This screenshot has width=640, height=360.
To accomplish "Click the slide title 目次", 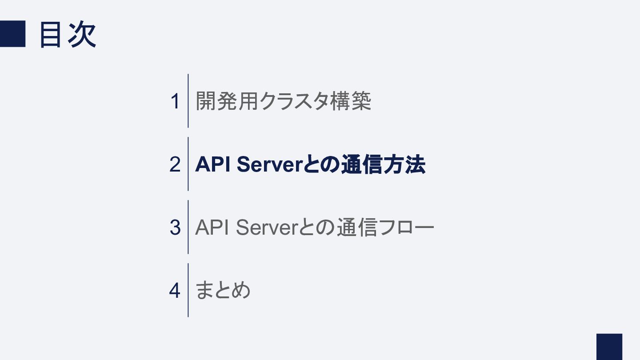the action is pos(68,34).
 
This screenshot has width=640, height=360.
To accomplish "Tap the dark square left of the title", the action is pos(12,34).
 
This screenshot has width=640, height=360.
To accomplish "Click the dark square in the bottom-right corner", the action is pos(609,347).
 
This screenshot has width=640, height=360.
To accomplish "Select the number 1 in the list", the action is pos(175,101).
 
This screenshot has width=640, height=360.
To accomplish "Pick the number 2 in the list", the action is pos(175,164).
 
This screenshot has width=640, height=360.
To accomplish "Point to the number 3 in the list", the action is pos(175,228).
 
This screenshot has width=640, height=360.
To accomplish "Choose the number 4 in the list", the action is pos(175,291).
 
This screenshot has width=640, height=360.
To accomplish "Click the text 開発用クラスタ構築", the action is pos(284,101).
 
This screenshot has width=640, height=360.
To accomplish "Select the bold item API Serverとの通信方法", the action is pos(310,164).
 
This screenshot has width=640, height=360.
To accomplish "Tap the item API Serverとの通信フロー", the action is pos(315,228).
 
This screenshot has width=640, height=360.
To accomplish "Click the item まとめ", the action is pos(223,290).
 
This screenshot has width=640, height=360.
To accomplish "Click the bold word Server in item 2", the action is pos(269,164).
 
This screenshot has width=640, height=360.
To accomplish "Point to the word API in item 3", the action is pos(212,228).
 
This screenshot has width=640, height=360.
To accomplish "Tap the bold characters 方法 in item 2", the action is pos(404,164).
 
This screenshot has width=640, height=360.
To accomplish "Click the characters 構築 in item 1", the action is pos(351,101).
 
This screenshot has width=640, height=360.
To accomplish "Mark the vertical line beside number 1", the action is pos(188,101).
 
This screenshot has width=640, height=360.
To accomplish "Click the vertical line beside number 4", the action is pos(188,290).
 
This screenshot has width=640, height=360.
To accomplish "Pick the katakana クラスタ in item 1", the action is pos(294,101).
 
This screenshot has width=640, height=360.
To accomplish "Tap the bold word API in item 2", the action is pos(212,164).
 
